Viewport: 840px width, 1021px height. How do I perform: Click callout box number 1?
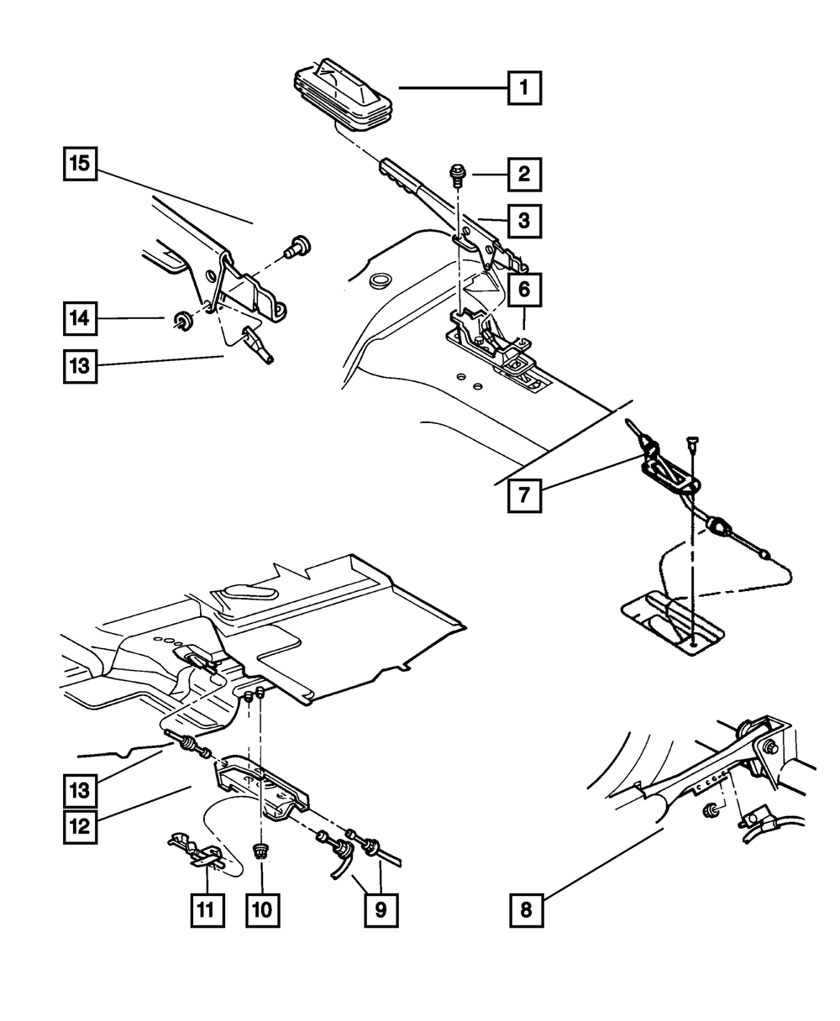[525, 88]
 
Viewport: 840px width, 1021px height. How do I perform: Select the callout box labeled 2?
[525, 175]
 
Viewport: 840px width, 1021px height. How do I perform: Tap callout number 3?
[525, 221]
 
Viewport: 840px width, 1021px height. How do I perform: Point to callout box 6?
[525, 290]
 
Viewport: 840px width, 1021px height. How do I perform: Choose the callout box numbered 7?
[525, 495]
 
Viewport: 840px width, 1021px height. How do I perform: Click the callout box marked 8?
[527, 910]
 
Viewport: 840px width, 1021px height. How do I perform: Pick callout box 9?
[381, 910]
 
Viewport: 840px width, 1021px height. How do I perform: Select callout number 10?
[263, 910]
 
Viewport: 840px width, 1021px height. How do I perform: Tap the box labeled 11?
[207, 910]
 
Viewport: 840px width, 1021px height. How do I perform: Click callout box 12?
[81, 827]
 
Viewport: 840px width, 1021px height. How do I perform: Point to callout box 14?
[81, 318]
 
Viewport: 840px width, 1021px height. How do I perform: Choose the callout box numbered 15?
[81, 164]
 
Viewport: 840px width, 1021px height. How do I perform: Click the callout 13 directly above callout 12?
[81, 791]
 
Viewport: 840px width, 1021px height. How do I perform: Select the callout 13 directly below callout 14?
[81, 366]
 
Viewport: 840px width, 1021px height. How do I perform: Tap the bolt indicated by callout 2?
[455, 176]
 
